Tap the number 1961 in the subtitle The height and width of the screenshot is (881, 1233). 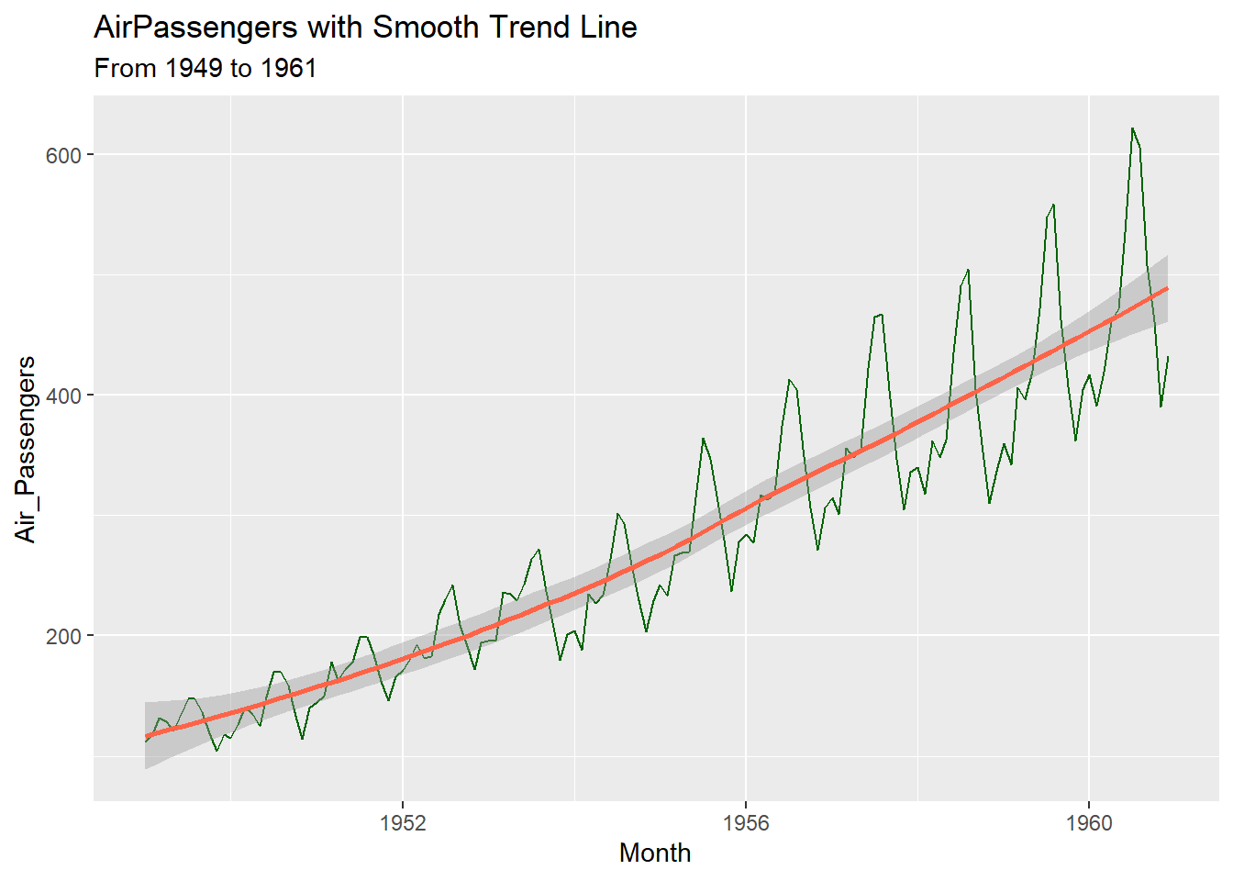tap(288, 69)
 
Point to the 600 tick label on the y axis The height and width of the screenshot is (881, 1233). tap(63, 155)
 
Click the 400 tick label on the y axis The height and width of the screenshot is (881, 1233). tap(63, 396)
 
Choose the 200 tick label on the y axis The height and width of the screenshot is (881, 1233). tap(63, 636)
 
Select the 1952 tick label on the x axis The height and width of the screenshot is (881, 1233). tap(403, 822)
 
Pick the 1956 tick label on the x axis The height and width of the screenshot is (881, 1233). tap(746, 822)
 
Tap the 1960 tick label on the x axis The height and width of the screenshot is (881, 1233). tap(1089, 822)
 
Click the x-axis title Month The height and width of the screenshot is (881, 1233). tap(655, 853)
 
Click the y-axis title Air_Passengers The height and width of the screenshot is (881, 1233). tap(26, 450)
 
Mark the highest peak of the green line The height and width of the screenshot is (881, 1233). tap(1132, 128)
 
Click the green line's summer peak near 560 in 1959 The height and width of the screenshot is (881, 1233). tap(1053, 205)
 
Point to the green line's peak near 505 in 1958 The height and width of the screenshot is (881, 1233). tap(968, 270)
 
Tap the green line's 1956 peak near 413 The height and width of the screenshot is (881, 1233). tap(789, 379)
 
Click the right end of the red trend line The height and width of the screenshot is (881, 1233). tap(1167, 288)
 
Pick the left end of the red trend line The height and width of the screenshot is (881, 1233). tap(146, 737)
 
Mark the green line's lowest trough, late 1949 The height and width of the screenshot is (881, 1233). tap(217, 751)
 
